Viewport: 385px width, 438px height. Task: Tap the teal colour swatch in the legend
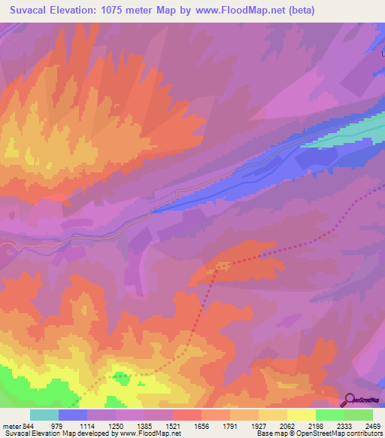(x=44, y=415)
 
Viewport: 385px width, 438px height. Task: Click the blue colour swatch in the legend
(x=73, y=415)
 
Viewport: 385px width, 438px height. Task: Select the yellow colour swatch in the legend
(x=302, y=415)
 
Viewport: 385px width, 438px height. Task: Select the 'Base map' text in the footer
(x=274, y=433)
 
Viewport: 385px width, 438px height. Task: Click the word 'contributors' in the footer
(x=364, y=433)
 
